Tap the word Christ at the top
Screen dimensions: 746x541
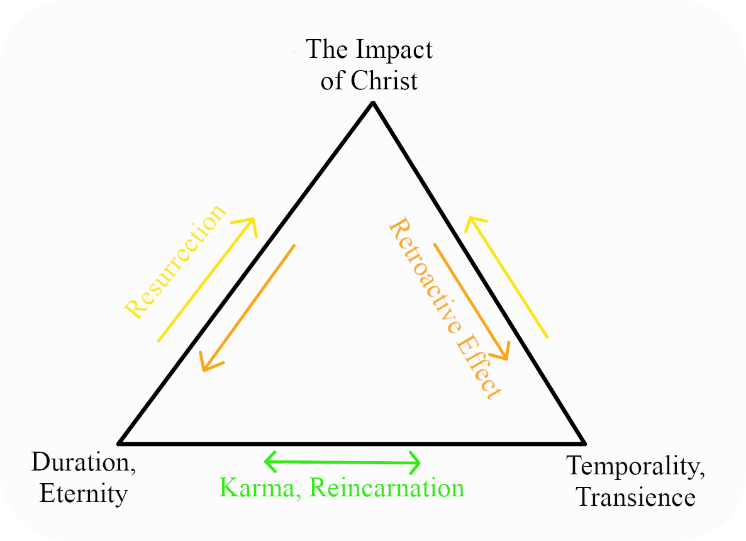tap(384, 81)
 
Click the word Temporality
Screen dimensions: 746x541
tap(636, 466)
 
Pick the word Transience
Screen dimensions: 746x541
tap(636, 498)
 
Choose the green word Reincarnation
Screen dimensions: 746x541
tap(386, 488)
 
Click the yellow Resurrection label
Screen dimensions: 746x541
tap(175, 262)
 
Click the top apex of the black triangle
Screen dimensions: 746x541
tap(374, 103)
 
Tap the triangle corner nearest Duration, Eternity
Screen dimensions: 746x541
tap(118, 443)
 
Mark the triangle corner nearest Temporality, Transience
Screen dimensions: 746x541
tap(585, 443)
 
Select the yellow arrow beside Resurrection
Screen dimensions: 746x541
tap(208, 279)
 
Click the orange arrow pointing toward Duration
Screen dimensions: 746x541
tap(247, 308)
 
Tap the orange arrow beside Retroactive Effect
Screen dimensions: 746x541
tap(472, 302)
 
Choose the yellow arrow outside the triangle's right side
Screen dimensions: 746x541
tap(506, 277)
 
